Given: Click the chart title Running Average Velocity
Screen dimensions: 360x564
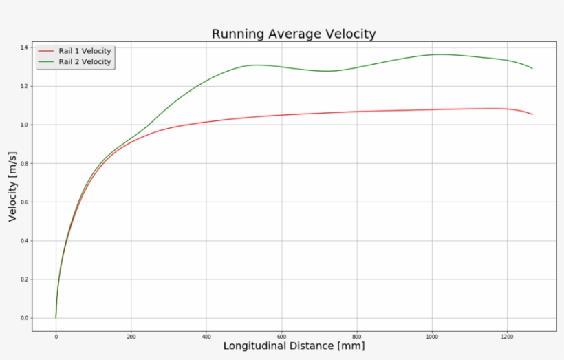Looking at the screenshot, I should click(294, 34).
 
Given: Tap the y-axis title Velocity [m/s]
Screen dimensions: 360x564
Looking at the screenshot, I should click(12, 186).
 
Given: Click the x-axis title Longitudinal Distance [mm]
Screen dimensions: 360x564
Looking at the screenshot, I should click(294, 346).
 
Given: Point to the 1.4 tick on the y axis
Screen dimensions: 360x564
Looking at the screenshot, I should click(24, 47).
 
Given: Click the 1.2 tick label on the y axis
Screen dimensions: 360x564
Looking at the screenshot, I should click(24, 86).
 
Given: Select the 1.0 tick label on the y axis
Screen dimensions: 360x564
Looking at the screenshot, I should click(24, 125).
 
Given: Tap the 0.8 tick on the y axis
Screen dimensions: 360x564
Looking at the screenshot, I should click(24, 163).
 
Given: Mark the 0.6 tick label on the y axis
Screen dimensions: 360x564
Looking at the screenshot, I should click(24, 202).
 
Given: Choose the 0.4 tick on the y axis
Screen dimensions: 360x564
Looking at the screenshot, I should click(24, 241).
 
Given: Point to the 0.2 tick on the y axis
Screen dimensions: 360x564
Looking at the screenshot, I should click(24, 279).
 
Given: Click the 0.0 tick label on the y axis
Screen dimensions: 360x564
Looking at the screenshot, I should click(24, 318).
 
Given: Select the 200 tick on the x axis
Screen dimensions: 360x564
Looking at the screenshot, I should click(131, 337).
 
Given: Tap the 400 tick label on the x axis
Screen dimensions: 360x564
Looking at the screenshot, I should click(206, 337).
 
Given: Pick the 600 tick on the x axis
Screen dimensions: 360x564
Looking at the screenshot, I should click(281, 337).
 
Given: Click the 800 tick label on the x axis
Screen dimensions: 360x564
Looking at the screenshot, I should click(357, 337).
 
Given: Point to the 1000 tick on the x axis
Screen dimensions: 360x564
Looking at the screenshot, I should click(432, 337).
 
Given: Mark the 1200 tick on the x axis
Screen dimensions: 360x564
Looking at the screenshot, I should click(507, 337).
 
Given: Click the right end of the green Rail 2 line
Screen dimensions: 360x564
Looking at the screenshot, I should click(532, 68).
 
